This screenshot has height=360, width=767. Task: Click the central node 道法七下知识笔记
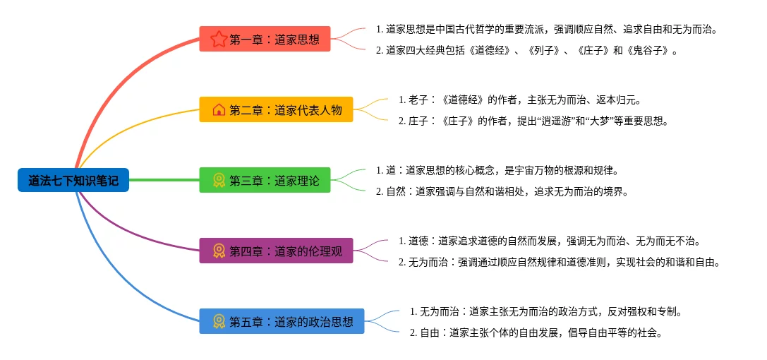pyautogui.click(x=73, y=180)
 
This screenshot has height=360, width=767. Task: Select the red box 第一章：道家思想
pyautogui.click(x=265, y=39)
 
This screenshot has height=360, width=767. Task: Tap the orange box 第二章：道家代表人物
pyautogui.click(x=276, y=109)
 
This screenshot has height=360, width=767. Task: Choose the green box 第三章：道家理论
pyautogui.click(x=265, y=180)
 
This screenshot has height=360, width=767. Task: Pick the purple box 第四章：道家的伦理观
pyautogui.click(x=276, y=251)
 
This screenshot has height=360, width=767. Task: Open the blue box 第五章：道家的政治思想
pyautogui.click(x=282, y=321)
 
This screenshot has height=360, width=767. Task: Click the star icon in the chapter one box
pyautogui.click(x=219, y=39)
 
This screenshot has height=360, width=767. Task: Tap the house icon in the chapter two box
pyautogui.click(x=219, y=109)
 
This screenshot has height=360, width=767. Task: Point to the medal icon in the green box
pyautogui.click(x=219, y=180)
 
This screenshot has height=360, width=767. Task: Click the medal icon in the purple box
pyautogui.click(x=219, y=251)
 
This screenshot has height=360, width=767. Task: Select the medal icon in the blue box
pyautogui.click(x=219, y=321)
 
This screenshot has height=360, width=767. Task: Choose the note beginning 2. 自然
pyautogui.click(x=502, y=191)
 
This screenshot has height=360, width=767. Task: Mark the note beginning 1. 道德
pyautogui.click(x=549, y=241)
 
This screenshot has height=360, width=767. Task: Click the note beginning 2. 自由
pyautogui.click(x=536, y=332)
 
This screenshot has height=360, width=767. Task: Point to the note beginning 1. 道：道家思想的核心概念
pyautogui.click(x=497, y=170)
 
